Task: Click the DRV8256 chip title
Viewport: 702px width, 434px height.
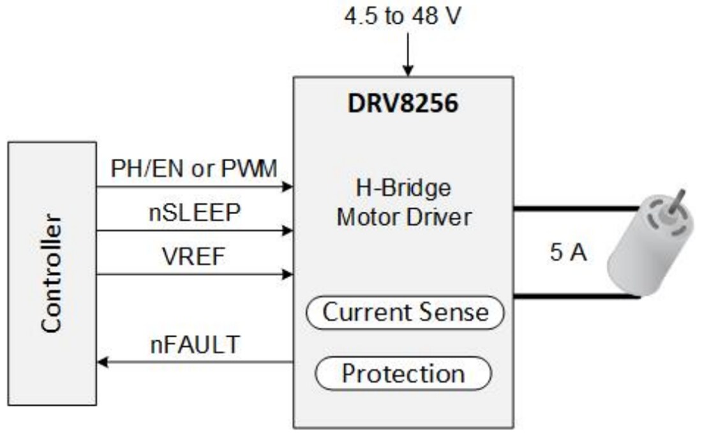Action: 403,103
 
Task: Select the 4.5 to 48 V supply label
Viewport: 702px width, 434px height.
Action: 401,17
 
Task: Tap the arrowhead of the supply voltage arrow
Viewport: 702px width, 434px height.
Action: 407,70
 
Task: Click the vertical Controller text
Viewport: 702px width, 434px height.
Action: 52,273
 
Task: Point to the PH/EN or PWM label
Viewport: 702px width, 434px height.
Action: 194,170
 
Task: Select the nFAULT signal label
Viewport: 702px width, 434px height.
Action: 195,345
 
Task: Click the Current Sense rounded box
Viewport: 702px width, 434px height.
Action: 405,312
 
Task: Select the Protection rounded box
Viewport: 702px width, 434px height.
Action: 403,373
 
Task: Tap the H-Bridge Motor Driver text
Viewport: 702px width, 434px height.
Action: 403,203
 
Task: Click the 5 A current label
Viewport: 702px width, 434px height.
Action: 568,253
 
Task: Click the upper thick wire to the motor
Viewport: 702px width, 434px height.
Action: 574,208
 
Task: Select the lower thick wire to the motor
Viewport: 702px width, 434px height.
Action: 574,296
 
